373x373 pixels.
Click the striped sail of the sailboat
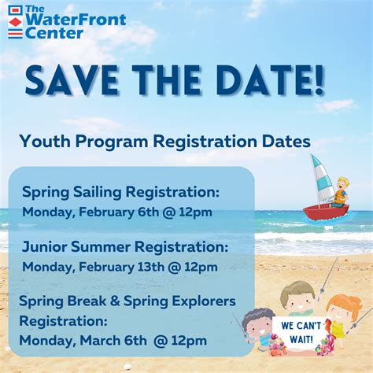322,176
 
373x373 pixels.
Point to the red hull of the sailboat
324,212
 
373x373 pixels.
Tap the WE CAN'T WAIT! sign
295,331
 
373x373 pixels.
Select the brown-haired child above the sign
297,299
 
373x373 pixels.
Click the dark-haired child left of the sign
257,324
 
